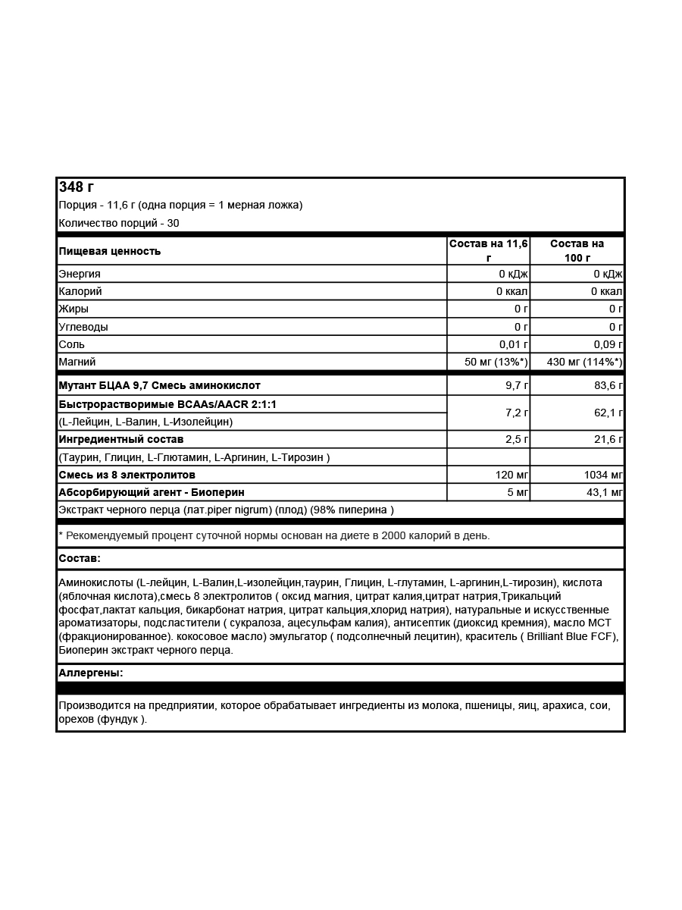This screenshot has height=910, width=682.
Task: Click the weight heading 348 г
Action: [77, 187]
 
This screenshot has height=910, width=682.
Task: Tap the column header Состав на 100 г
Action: [577, 250]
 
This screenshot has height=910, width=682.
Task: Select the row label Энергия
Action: [80, 274]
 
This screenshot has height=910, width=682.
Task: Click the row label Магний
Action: [77, 362]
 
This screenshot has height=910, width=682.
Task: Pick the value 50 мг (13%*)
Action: [496, 362]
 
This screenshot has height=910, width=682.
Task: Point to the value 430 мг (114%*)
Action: [584, 362]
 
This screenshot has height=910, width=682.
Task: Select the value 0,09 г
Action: [608, 344]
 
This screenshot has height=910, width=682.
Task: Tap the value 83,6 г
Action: [608, 386]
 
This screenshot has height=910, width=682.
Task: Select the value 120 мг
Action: [511, 475]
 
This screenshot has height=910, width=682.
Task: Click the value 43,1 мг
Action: [604, 492]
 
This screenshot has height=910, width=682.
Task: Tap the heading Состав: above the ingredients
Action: [80, 559]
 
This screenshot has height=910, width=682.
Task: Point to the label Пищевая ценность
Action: [110, 251]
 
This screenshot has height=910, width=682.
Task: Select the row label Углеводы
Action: [83, 327]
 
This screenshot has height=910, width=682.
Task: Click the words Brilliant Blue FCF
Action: [565, 636]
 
